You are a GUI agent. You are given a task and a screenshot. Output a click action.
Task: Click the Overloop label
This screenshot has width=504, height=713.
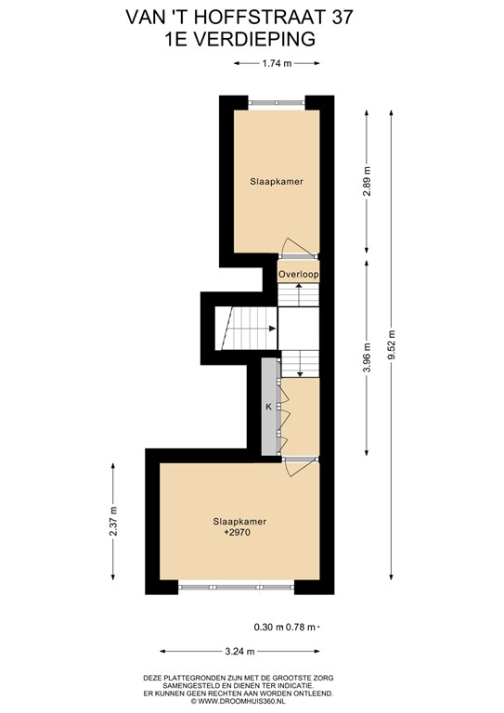click(x=299, y=274)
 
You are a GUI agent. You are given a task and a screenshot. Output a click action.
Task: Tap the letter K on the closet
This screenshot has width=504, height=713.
click(x=268, y=407)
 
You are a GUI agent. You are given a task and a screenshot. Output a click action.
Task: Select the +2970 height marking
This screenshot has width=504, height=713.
click(x=238, y=535)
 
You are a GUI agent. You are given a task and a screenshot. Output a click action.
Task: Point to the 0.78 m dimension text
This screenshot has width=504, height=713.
click(x=301, y=627)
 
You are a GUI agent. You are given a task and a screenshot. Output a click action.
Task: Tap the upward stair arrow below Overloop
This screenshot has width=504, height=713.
click(x=299, y=288)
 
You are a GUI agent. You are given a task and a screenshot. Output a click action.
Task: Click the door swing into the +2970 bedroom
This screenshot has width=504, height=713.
click(x=295, y=469)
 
